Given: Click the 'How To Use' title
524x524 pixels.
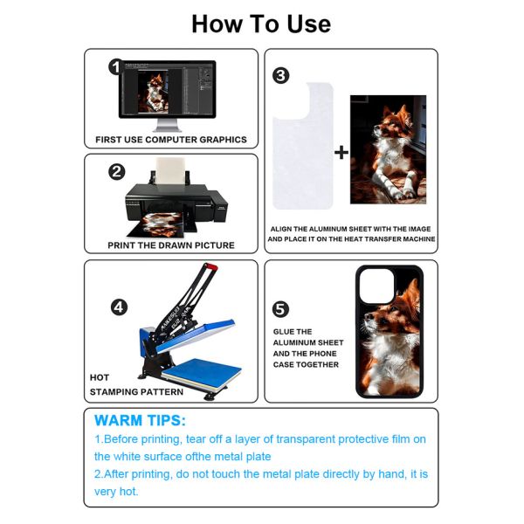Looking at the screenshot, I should pos(261,24).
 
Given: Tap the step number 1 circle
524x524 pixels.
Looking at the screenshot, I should pos(114,67).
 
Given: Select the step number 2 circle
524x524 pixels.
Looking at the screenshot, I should pos(116,172).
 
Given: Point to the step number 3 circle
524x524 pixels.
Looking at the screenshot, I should pos(280,75).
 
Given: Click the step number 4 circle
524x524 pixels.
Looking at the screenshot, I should pos(119,307).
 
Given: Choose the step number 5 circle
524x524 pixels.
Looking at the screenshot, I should pos(280,309).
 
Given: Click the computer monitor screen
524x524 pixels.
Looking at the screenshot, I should pos(167,90).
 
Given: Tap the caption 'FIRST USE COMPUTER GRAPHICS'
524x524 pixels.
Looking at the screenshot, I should pos(171,140).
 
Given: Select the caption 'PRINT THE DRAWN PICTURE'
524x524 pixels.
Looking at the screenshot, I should pos(171,245).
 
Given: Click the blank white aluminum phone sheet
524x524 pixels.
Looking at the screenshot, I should pos(302,146).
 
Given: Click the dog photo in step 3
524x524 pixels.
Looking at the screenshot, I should pos(388,149).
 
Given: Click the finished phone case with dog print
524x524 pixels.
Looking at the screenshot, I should pos(390,332).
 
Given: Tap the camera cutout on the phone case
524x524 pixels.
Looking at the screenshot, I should pos(376,286).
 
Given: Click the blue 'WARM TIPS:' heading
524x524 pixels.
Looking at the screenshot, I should pos(140,420).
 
